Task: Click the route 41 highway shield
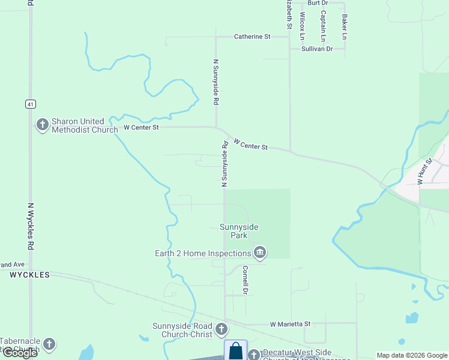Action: [30, 104]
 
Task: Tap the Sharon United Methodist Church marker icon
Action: [43, 125]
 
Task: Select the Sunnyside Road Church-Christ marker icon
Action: [221, 329]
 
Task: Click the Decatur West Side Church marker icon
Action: [253, 355]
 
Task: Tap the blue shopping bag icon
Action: [236, 350]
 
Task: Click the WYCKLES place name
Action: [30, 275]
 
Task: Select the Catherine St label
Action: [252, 37]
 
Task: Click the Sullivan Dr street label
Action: [317, 49]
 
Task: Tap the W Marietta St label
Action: [290, 324]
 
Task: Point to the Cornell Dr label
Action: [245, 280]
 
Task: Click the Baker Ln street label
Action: [345, 27]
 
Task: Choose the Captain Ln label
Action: [324, 22]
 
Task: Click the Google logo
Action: [20, 353]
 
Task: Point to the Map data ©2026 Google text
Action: [411, 355]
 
